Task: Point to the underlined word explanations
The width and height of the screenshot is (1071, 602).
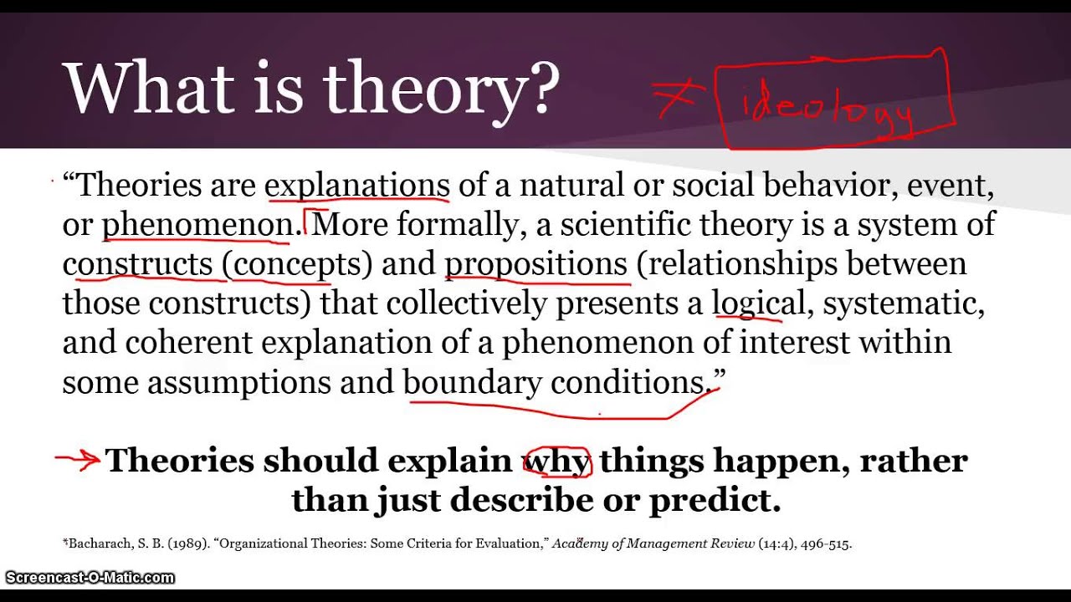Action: (x=357, y=185)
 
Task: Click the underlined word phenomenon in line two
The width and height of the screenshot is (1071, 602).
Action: (x=197, y=224)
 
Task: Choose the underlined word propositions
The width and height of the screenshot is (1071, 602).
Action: (x=535, y=264)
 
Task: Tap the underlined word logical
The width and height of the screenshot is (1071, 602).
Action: (x=758, y=304)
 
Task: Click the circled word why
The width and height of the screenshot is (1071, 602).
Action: (x=557, y=461)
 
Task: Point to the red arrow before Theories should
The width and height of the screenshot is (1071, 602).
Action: (x=78, y=459)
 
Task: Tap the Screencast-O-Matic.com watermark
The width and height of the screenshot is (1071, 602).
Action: (x=90, y=578)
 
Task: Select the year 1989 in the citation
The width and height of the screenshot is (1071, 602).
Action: (x=188, y=544)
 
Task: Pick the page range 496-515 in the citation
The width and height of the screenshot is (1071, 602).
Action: (x=825, y=544)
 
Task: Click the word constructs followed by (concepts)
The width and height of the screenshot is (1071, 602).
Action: (x=137, y=264)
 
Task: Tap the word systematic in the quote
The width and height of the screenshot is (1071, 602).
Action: (x=903, y=304)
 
